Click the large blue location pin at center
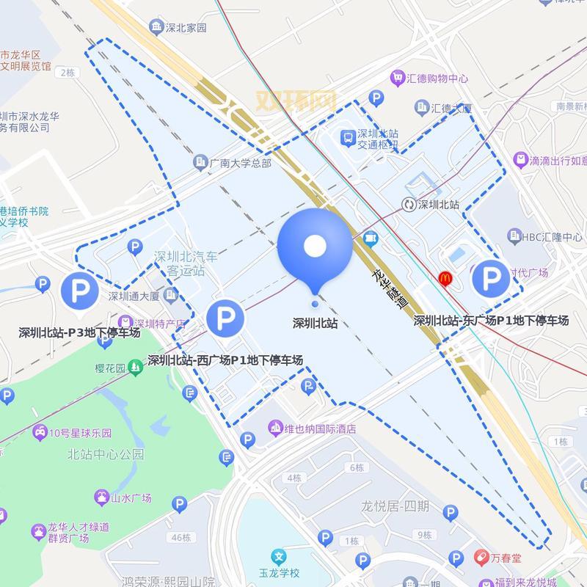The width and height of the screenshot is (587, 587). (x=315, y=247)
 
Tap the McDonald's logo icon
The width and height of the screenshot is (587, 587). (x=445, y=278)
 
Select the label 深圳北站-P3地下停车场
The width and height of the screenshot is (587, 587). (x=79, y=333)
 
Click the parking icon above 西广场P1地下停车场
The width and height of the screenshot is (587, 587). (x=225, y=318)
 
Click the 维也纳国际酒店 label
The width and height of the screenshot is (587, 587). (x=320, y=428)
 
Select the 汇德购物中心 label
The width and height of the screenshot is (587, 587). (x=439, y=79)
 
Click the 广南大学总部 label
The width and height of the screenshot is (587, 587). (x=240, y=162)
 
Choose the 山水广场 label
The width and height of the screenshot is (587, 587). (x=131, y=498)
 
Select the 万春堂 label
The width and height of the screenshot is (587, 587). (x=506, y=558)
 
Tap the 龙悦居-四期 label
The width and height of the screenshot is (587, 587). (x=395, y=506)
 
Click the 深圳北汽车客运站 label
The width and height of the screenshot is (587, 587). (x=186, y=264)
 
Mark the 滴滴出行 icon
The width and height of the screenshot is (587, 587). (x=520, y=159)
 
